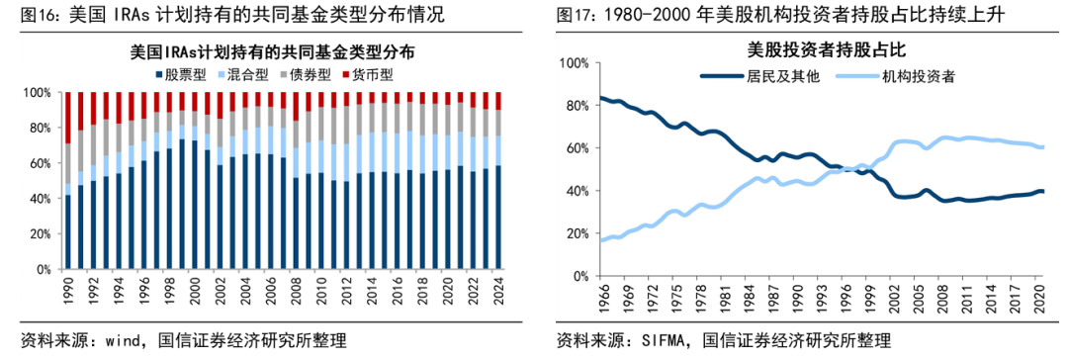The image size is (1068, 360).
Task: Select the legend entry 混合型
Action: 247,73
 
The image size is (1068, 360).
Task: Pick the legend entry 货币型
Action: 371,73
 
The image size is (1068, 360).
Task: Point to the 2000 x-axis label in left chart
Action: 195,291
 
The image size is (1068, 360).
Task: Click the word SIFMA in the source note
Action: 667,342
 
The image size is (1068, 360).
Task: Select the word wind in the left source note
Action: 117,342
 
